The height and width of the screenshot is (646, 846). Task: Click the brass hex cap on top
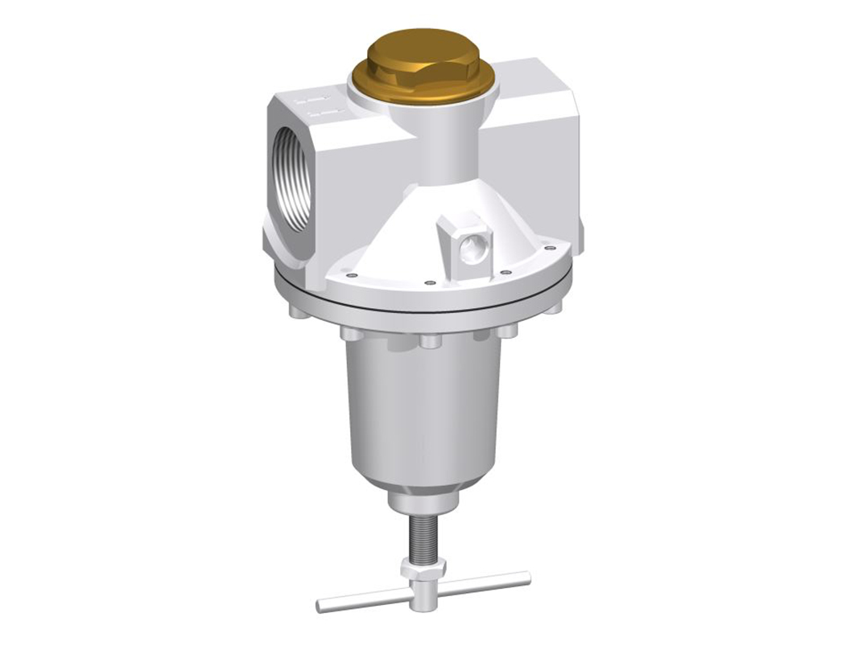click(x=423, y=67)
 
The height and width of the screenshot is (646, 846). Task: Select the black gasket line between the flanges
click(x=423, y=309)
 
